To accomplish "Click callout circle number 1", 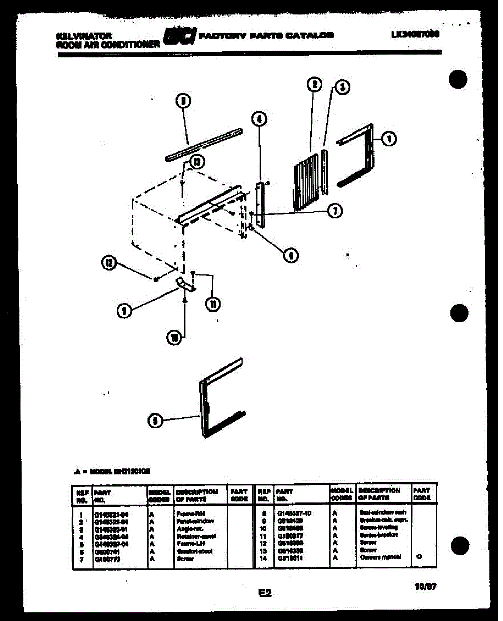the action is (x=389, y=138).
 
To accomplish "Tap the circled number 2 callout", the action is (x=314, y=84).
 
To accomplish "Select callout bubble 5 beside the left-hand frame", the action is (x=154, y=421).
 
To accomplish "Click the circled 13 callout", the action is (x=195, y=162).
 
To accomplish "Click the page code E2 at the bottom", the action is (x=265, y=593).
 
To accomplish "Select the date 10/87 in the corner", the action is (x=426, y=587).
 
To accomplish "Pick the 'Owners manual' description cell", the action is (x=380, y=557).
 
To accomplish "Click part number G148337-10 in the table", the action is (x=294, y=513).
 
